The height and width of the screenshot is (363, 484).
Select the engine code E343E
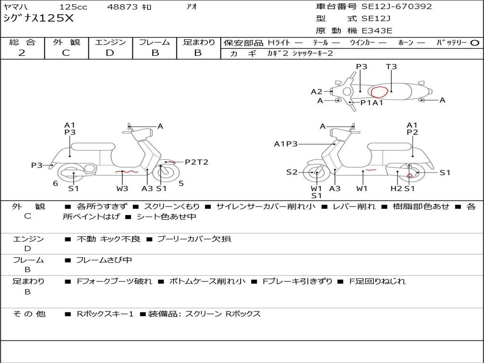(377, 31)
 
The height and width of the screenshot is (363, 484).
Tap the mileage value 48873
(122, 7)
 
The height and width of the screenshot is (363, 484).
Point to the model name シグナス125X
(38, 18)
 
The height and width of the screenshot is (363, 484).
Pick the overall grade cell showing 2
(22, 53)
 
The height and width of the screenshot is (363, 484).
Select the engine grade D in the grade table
(110, 53)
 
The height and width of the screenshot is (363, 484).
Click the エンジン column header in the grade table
(110, 42)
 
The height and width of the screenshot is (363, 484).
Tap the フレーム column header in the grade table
(154, 42)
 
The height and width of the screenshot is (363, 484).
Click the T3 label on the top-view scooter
(391, 67)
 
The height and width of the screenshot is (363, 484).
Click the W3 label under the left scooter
(122, 189)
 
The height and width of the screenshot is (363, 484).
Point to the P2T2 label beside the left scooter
(196, 162)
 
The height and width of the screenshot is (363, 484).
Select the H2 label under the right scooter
(397, 189)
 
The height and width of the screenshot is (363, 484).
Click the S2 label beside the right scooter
(292, 173)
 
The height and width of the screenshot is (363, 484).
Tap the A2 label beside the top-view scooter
(316, 92)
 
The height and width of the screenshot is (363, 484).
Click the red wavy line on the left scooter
(126, 172)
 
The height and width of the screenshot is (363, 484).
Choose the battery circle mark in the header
(475, 43)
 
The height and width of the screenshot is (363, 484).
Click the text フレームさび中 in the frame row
(104, 260)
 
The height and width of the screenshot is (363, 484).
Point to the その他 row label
(29, 314)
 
